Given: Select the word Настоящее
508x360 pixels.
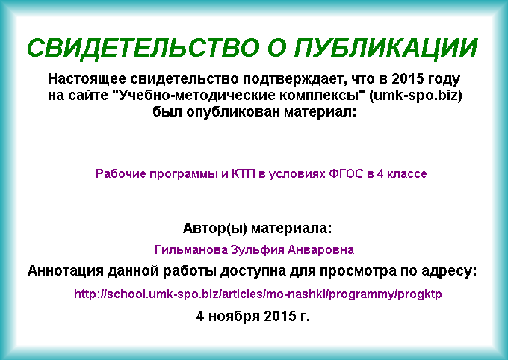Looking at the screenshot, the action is pos(87,79).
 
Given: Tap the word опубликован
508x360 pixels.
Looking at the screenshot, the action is pos(233,113).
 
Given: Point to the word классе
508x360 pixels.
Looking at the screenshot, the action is pos(407,174).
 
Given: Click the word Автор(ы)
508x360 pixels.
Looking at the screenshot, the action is pos(215,229).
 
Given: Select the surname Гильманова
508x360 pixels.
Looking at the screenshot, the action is pos(191,250).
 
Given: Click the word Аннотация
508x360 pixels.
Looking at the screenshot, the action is pos(65,271).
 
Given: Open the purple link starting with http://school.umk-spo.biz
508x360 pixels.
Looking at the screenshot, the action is pos(258,294).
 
